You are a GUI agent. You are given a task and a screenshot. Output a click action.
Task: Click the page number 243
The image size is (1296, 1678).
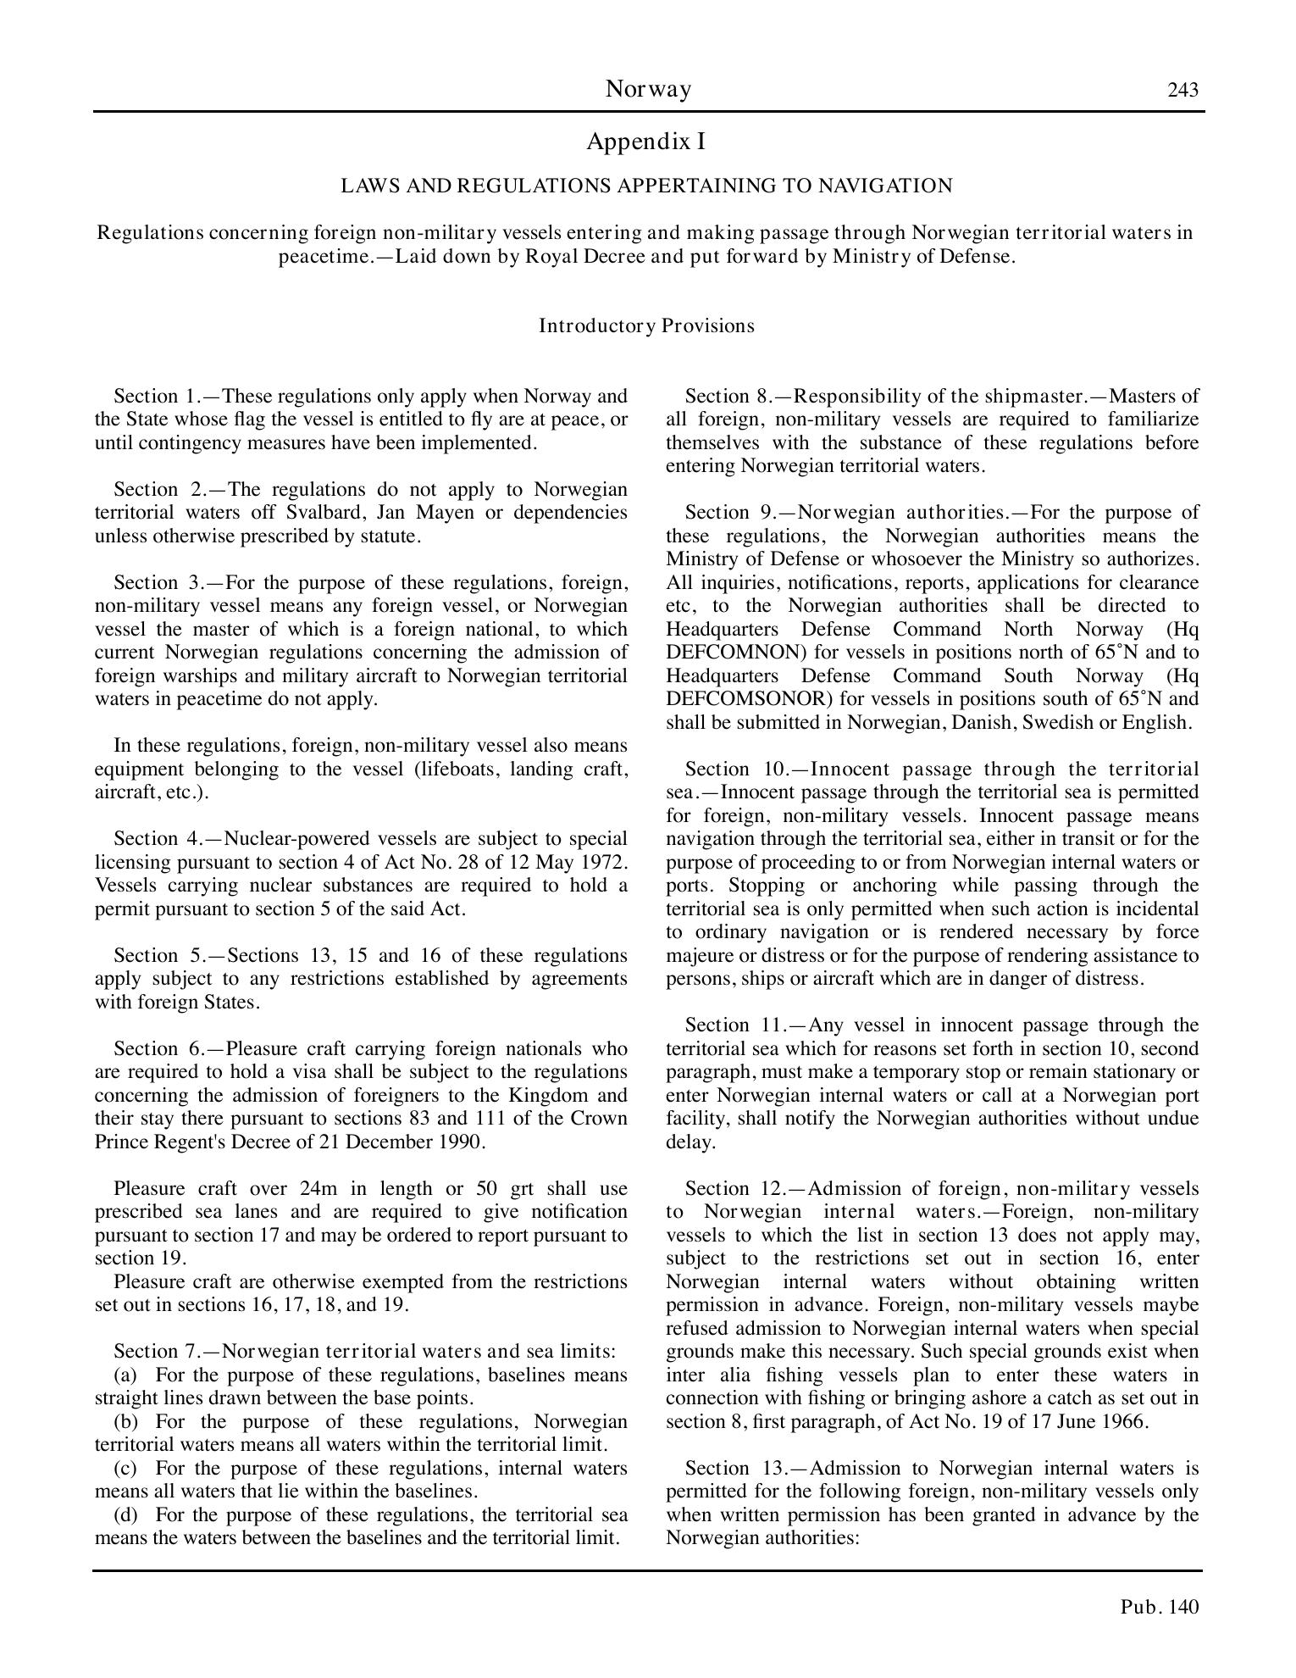pos(1182,90)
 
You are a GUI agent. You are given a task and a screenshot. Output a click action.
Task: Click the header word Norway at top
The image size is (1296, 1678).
pos(648,89)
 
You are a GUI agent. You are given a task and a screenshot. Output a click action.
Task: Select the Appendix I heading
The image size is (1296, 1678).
pos(645,142)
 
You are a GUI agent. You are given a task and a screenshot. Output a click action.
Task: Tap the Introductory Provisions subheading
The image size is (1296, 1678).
pos(646,326)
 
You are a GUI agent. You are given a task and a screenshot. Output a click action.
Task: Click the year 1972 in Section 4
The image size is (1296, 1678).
pos(606,862)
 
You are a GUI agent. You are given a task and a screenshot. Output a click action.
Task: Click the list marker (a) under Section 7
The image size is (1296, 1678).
pos(125,1375)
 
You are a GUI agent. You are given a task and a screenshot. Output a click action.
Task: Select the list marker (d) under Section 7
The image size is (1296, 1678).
pos(125,1514)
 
